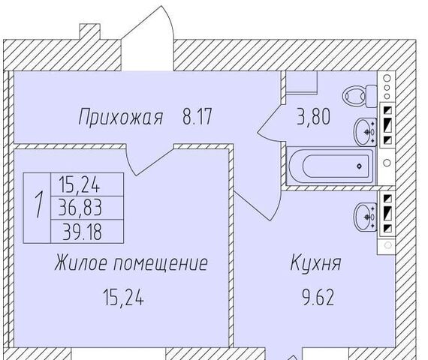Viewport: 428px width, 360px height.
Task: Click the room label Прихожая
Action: (121, 118)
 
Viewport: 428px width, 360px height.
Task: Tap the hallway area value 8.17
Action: (197, 116)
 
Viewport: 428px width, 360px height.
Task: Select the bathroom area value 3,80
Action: (314, 117)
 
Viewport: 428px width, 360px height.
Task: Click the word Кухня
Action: (316, 262)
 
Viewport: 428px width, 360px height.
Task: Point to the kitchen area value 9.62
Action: (318, 297)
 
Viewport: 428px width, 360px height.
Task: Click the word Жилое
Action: (81, 262)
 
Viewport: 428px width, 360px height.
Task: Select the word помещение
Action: (161, 263)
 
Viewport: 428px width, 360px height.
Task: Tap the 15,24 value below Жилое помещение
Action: (123, 297)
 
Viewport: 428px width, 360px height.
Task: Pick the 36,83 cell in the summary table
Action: (80, 208)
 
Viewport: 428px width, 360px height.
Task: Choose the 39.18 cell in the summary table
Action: (82, 231)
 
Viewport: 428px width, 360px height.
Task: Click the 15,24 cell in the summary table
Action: (80, 184)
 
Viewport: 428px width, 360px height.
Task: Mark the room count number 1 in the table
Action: (39, 204)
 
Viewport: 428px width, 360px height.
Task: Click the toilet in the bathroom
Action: (360, 96)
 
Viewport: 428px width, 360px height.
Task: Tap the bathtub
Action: (331, 166)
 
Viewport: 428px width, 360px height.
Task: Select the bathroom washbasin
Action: (366, 132)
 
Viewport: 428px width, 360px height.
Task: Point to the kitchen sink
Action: (366, 217)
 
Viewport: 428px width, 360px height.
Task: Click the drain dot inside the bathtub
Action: (360, 166)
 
